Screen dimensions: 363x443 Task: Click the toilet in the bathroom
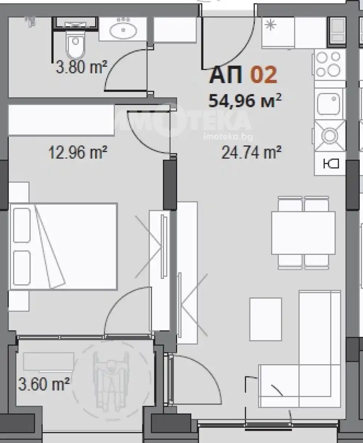76,44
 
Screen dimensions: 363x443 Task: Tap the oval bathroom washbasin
123,31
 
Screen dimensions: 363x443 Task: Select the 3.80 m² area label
81,67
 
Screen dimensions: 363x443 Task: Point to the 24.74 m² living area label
251,153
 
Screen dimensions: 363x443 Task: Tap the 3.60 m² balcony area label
44,383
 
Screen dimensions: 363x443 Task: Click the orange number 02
264,74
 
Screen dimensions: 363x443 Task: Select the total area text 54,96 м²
245,101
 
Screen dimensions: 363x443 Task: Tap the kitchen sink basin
329,104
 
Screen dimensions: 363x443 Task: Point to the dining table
303,233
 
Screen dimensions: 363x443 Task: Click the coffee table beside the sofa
266,319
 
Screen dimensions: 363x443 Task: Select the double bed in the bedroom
63,247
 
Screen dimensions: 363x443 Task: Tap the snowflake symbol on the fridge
270,25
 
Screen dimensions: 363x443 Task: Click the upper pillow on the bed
22,225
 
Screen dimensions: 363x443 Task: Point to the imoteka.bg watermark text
228,137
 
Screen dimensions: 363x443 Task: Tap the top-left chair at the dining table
290,204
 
